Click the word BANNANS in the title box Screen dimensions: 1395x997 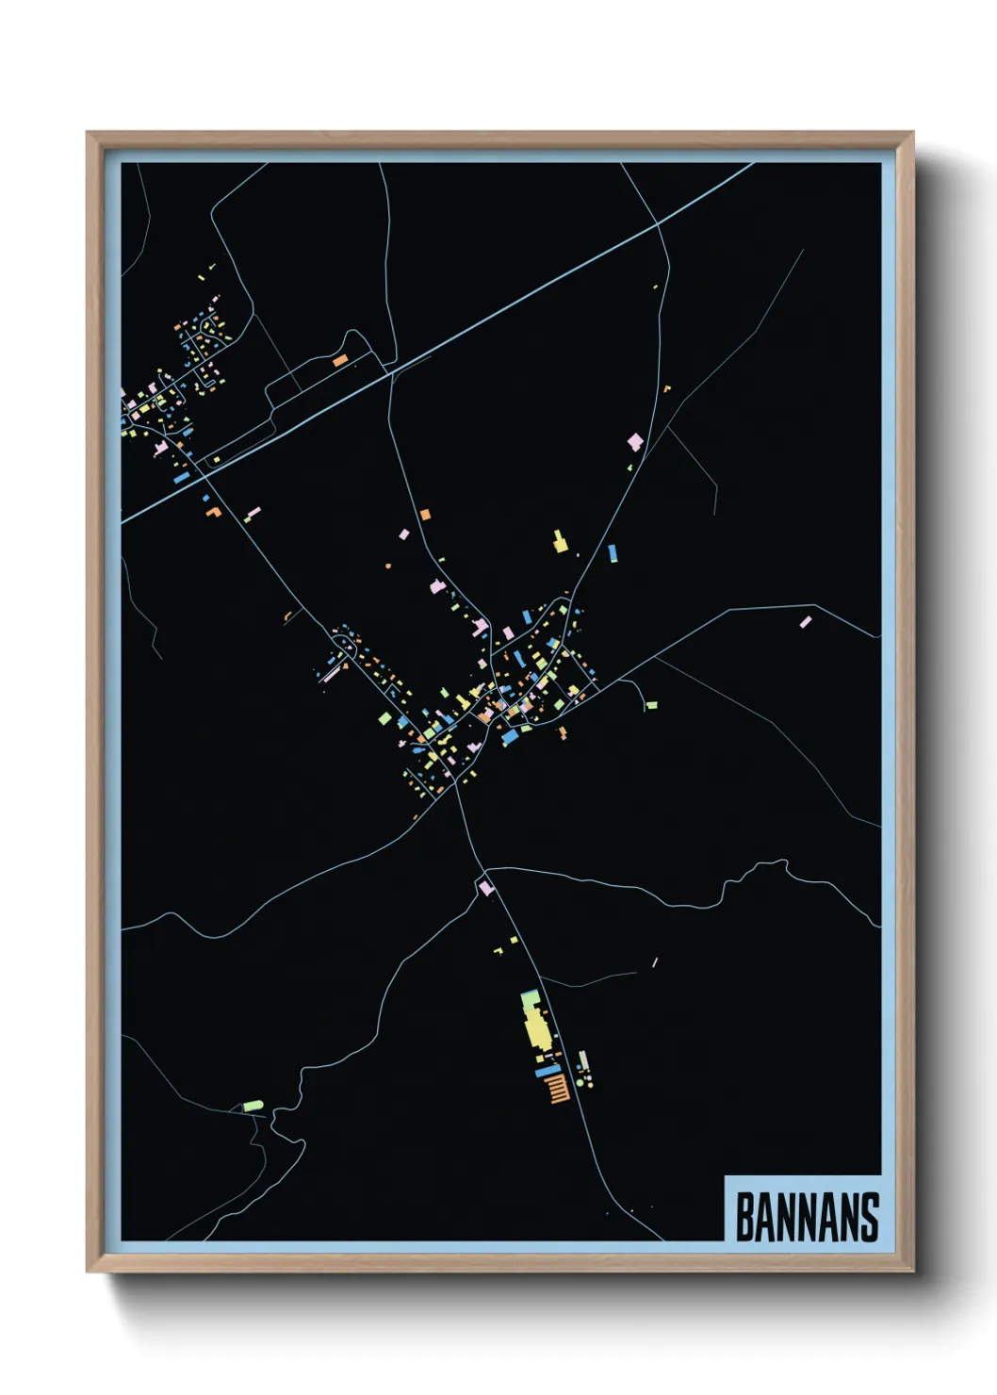(x=807, y=1217)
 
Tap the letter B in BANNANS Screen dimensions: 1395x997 (x=744, y=1217)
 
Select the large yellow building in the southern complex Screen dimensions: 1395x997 (x=537, y=1026)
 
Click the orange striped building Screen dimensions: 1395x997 (x=558, y=1088)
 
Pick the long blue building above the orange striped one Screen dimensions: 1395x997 (x=548, y=1071)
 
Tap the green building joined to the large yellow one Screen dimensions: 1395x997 (x=531, y=996)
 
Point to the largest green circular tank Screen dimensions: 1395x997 (x=580, y=1084)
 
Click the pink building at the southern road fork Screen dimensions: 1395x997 (x=485, y=887)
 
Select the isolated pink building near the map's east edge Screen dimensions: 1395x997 (x=806, y=622)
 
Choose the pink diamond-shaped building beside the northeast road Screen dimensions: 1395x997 (x=636, y=441)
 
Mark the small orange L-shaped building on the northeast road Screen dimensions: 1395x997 (x=666, y=387)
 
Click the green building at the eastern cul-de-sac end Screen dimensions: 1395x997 (x=651, y=705)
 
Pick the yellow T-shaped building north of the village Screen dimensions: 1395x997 (x=560, y=542)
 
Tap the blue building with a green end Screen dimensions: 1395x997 (x=613, y=552)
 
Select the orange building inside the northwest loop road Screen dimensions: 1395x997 (x=340, y=359)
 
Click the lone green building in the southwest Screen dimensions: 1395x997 (x=253, y=1105)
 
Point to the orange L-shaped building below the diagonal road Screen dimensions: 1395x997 (x=214, y=512)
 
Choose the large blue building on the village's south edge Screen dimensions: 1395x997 (x=510, y=736)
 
